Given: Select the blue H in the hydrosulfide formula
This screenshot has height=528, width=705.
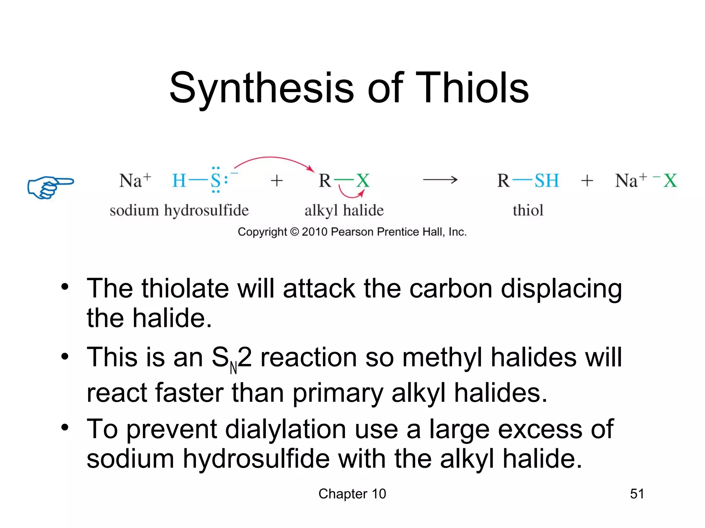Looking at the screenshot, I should (x=179, y=181).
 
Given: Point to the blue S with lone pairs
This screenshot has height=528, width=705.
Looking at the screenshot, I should (x=215, y=180).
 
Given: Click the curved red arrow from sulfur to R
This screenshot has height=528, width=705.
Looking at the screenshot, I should (x=272, y=158).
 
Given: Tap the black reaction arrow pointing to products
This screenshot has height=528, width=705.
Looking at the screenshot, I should (x=440, y=179).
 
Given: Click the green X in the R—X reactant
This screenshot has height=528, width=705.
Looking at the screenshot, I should (x=363, y=180).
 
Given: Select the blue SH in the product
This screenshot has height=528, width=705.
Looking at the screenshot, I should (x=546, y=180).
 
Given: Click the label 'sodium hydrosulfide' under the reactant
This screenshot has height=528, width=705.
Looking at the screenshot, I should (x=179, y=210).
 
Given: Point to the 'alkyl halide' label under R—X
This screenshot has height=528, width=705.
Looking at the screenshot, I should (x=344, y=210).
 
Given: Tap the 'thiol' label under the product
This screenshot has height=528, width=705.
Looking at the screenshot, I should (x=528, y=210).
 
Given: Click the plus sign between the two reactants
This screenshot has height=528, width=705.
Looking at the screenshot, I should (x=276, y=181).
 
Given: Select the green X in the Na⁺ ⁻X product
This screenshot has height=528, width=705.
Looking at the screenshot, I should (x=670, y=180).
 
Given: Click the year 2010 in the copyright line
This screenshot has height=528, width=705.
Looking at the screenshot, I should (x=314, y=232).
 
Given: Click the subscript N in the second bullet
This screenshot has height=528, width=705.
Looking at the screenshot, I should (x=233, y=368).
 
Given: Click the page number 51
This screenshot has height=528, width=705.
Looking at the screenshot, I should (x=637, y=494).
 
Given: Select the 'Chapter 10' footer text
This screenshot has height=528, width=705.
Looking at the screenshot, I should (x=352, y=494).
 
